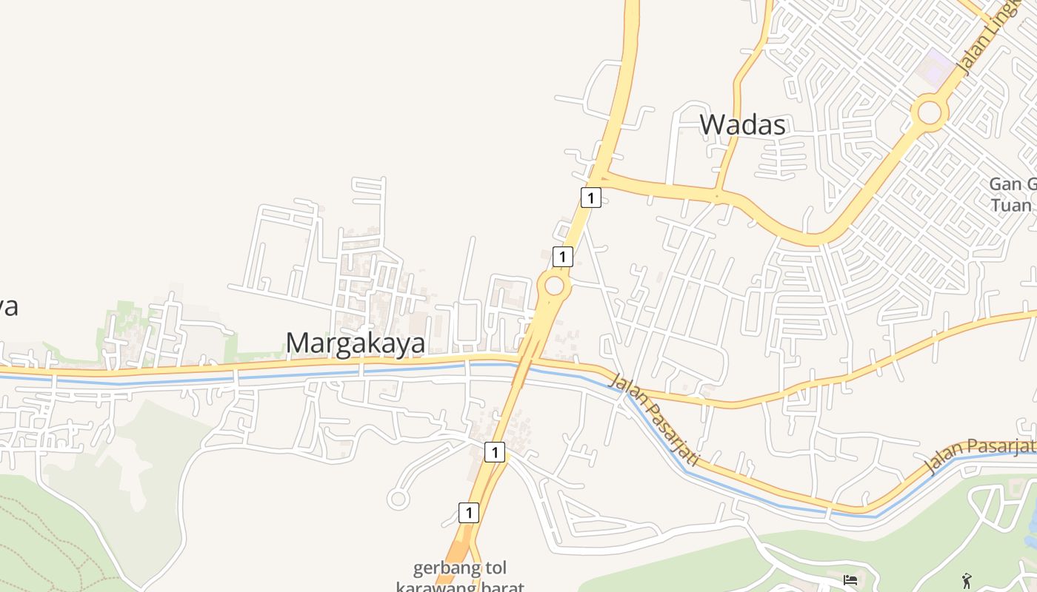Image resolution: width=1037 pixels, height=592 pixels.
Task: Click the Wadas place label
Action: [x=742, y=124]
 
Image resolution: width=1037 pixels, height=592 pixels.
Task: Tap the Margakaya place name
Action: [x=356, y=343]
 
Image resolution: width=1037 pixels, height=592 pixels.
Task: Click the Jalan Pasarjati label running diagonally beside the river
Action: [x=654, y=420]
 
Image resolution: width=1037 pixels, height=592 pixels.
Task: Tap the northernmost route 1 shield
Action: [x=590, y=198]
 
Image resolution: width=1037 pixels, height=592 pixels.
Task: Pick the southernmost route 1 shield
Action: [x=468, y=512]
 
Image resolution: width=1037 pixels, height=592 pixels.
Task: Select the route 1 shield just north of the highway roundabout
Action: [x=563, y=257]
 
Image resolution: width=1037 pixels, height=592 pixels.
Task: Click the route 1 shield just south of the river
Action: [x=495, y=451]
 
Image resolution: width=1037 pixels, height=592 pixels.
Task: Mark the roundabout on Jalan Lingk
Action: [x=930, y=113]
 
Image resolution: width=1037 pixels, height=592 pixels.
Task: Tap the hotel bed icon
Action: [x=850, y=579]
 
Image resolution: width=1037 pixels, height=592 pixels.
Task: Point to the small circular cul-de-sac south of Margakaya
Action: [x=399, y=499]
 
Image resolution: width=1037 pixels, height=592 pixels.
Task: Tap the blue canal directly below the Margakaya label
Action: [x=356, y=372]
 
